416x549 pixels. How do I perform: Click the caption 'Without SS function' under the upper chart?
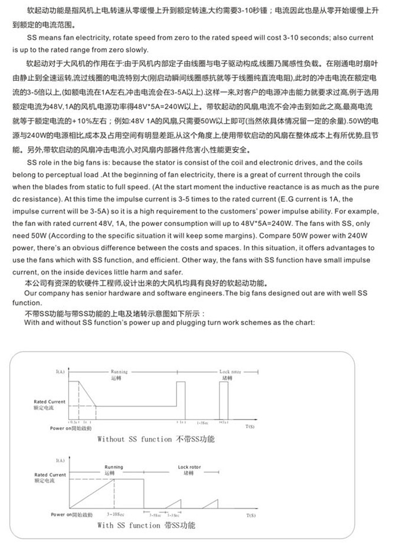pyautogui.click(x=135, y=440)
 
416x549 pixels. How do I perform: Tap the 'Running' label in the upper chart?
pyautogui.click(x=120, y=372)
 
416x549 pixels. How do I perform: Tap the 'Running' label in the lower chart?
pyautogui.click(x=114, y=467)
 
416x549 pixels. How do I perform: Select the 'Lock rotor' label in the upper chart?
pyautogui.click(x=229, y=372)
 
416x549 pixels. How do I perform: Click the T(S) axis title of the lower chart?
pyautogui.click(x=251, y=514)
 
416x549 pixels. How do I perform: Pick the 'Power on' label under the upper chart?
pyautogui.click(x=61, y=428)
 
